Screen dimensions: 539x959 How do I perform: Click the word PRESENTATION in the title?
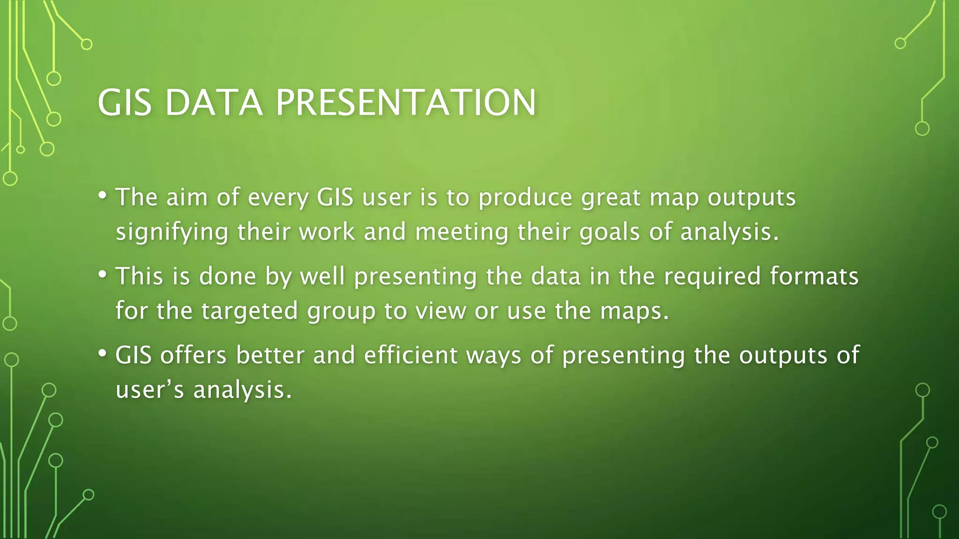(406, 102)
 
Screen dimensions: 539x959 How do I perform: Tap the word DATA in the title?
(214, 102)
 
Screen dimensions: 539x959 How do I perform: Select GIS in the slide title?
(125, 102)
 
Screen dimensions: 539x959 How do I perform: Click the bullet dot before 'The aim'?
(103, 195)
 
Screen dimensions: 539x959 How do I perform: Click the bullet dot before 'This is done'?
(103, 274)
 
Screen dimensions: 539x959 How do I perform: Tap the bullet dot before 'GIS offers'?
(103, 353)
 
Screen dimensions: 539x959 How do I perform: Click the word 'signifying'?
(172, 233)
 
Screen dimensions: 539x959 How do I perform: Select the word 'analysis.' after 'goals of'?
(730, 233)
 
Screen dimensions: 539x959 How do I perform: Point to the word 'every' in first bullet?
(278, 198)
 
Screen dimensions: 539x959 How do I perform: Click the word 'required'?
(712, 276)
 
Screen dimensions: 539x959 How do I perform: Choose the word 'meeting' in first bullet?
(461, 233)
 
